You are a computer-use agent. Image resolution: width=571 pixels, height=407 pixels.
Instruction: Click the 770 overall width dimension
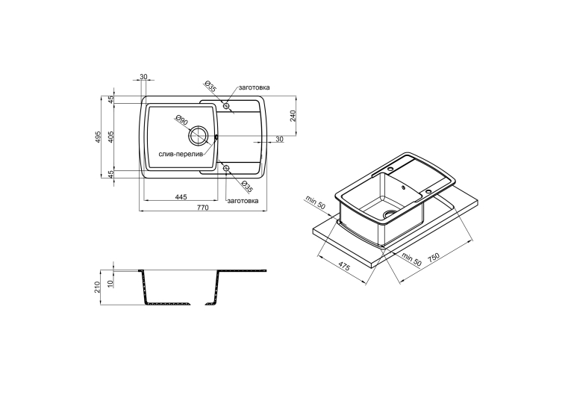coord(202,208)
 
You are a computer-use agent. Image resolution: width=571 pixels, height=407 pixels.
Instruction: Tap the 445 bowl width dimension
coord(181,197)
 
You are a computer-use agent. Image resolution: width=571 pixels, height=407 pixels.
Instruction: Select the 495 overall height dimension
coord(98,137)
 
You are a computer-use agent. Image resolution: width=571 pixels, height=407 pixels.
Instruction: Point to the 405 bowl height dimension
coord(111,137)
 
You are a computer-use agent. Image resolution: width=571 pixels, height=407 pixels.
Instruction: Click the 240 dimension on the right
coord(293,116)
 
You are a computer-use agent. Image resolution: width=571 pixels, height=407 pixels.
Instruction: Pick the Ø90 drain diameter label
coord(181,120)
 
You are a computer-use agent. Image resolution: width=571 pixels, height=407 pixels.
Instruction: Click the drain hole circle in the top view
coord(198,136)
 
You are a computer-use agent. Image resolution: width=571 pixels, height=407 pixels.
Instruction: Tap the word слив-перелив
coord(181,154)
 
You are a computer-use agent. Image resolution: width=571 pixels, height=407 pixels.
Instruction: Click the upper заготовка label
coord(255,87)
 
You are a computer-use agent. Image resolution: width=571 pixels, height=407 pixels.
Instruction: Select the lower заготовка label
coord(243,201)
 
